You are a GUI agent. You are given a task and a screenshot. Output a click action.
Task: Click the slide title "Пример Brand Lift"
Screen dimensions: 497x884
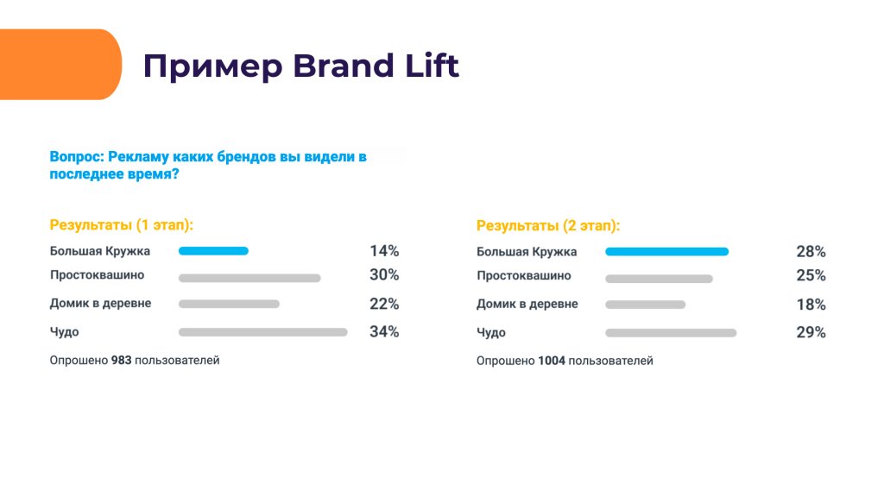pos(300,66)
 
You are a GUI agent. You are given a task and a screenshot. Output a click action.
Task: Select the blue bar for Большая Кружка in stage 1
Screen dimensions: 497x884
pos(213,251)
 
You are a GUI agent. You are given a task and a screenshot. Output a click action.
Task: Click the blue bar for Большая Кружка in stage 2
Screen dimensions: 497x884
pos(666,252)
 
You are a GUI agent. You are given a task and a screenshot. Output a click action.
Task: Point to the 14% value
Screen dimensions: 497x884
pos(384,251)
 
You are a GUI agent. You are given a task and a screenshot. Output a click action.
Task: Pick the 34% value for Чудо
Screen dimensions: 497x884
pos(384,331)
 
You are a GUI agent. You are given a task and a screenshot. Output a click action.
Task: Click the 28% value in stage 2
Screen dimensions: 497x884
pos(811,252)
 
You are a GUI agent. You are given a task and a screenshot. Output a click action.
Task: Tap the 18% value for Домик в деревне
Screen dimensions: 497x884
pos(811,305)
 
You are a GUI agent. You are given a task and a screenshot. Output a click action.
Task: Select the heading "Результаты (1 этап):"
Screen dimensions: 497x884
pos(122,224)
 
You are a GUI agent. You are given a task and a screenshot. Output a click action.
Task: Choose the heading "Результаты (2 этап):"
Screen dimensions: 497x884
pos(548,225)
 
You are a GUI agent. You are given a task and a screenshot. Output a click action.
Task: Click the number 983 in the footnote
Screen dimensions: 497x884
pos(122,360)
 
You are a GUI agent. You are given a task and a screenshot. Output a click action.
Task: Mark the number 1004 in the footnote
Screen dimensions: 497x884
pos(551,361)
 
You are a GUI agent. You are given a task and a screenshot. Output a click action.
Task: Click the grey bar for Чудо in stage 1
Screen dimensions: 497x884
pos(262,331)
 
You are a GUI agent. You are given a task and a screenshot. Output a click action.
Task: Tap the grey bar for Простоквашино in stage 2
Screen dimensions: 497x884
pos(659,279)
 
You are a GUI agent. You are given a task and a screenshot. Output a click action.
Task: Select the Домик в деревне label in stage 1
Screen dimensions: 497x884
pos(100,304)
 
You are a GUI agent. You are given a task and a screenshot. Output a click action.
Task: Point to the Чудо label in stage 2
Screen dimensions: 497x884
pos(491,332)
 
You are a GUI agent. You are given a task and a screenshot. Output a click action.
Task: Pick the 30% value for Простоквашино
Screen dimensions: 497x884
pos(384,275)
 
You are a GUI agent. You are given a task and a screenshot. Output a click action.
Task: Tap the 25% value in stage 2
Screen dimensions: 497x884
pos(811,276)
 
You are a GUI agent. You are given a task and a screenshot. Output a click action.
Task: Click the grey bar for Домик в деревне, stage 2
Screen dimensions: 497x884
pos(645,305)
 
